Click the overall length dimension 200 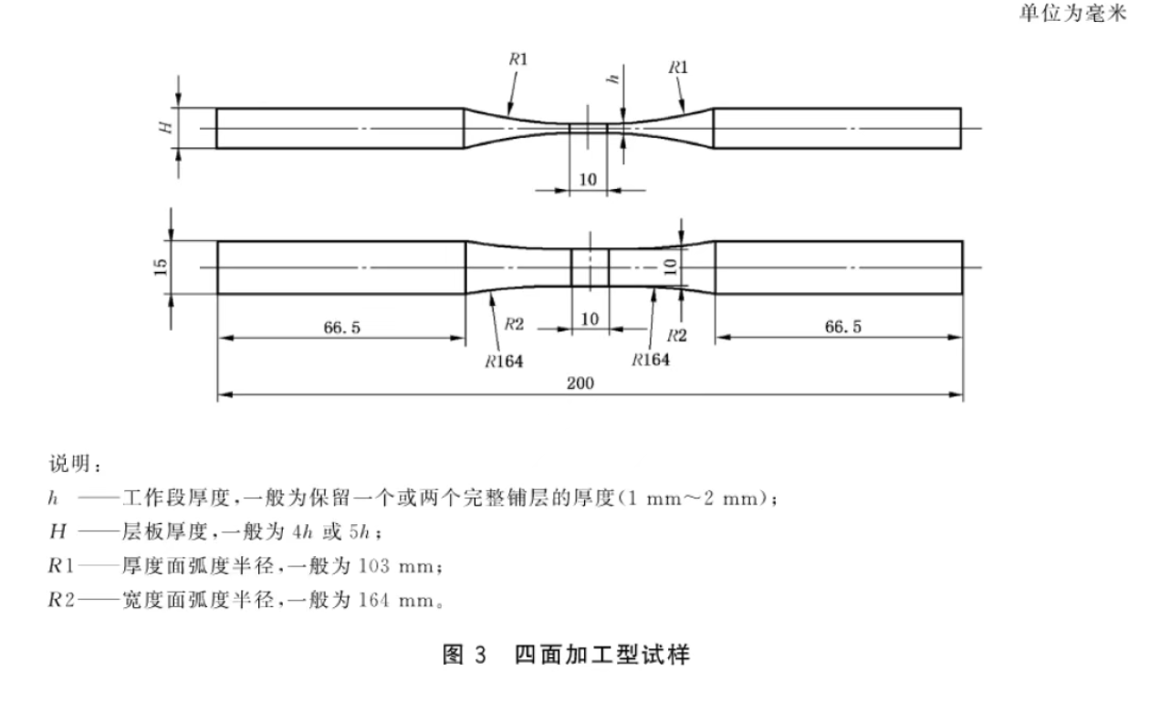coord(580,383)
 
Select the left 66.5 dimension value coord(342,328)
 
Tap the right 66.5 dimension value coord(843,327)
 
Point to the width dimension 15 coord(162,268)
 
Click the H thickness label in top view coord(165,127)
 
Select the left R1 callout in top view coord(518,59)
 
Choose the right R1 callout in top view coord(678,68)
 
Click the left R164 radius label coord(504,362)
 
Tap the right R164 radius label coord(651,360)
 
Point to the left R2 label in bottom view coord(514,324)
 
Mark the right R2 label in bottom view coord(677,336)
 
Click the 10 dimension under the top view coord(588,180)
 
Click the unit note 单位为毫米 coord(1073,13)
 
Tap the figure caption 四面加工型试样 coord(602,655)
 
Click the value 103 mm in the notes coord(396,566)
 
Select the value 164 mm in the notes coord(396,600)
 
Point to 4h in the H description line coord(302,532)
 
